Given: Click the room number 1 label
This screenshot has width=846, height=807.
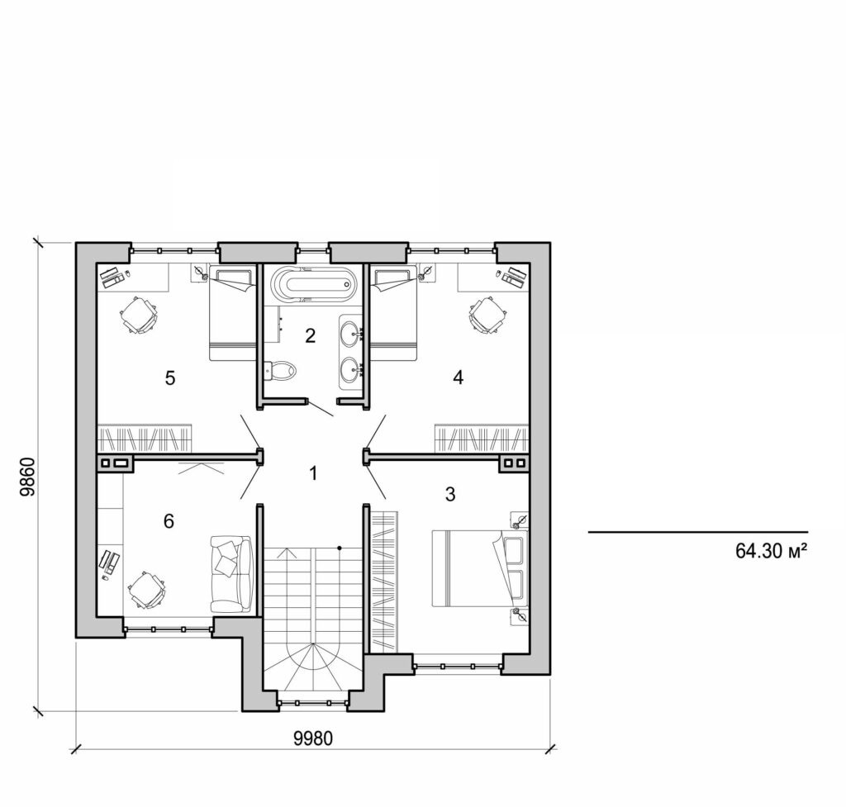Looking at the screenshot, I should click(x=312, y=473).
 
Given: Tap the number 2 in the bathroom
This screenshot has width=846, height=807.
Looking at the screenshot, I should click(x=310, y=335).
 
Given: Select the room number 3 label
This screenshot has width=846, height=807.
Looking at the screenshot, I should click(x=450, y=495).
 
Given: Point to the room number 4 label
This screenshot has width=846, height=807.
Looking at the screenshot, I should click(x=458, y=377).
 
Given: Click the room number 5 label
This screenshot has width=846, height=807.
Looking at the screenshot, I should click(x=170, y=378).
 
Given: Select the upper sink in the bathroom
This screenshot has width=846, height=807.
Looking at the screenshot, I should click(x=351, y=335).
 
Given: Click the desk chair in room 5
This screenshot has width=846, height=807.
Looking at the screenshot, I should click(x=139, y=314).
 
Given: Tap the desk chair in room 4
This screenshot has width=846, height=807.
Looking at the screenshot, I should click(x=487, y=315).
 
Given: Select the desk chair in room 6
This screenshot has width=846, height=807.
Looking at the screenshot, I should click(x=147, y=590).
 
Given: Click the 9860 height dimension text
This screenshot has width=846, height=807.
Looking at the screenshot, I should click(x=27, y=477).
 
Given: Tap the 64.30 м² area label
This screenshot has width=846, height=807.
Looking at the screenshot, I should click(x=770, y=551).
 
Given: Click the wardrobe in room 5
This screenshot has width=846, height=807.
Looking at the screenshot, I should click(x=145, y=438).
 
